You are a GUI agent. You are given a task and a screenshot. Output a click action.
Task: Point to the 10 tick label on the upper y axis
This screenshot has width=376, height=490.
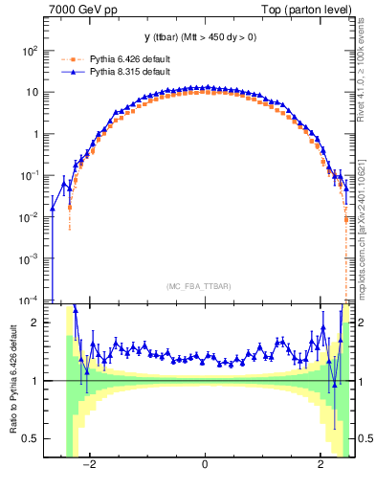32,92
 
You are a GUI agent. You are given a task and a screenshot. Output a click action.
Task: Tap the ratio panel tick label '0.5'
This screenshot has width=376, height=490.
31,438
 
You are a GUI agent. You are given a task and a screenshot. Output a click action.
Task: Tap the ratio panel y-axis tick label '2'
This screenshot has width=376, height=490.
36,323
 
